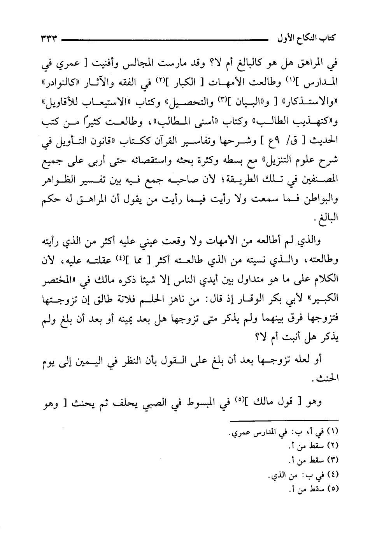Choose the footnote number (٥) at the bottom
[334, 490]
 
